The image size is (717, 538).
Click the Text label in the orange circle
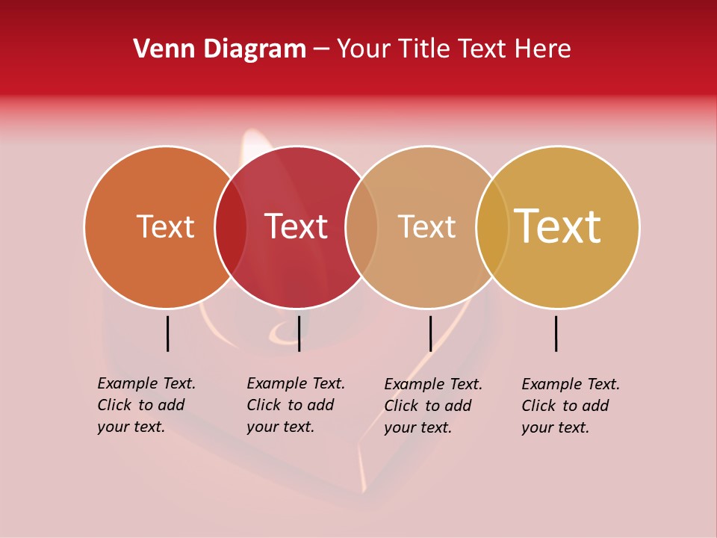(x=165, y=226)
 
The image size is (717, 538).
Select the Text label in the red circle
(x=296, y=226)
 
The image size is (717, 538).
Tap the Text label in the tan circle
(x=426, y=226)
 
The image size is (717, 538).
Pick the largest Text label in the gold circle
(x=557, y=226)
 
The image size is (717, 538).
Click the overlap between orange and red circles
(x=231, y=227)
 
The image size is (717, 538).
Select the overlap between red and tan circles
(x=361, y=227)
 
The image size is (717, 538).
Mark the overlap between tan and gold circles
(x=492, y=227)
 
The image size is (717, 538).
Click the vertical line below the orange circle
(x=167, y=333)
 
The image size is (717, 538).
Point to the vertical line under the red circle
(x=299, y=333)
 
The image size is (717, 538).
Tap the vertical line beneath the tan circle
(x=430, y=333)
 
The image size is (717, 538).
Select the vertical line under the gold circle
(x=556, y=333)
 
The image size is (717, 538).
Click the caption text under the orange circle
(x=146, y=405)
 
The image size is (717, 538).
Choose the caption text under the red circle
(x=295, y=405)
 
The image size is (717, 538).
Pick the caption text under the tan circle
(x=432, y=406)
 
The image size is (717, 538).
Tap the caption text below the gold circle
(x=570, y=406)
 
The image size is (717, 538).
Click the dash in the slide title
(x=321, y=49)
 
